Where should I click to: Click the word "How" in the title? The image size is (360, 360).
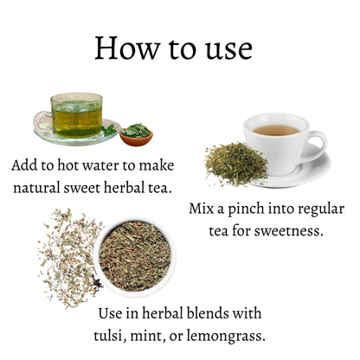[127, 48]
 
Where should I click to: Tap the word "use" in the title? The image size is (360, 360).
[229, 49]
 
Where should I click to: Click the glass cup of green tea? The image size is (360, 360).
[75, 115]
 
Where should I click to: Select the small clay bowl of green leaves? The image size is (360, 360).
[136, 134]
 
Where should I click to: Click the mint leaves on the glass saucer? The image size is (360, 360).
[109, 130]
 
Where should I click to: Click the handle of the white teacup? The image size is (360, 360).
[318, 144]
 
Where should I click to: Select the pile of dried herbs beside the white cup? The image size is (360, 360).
[236, 164]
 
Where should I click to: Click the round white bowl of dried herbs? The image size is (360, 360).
[135, 255]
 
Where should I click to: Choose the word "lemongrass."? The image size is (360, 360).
[226, 337]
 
